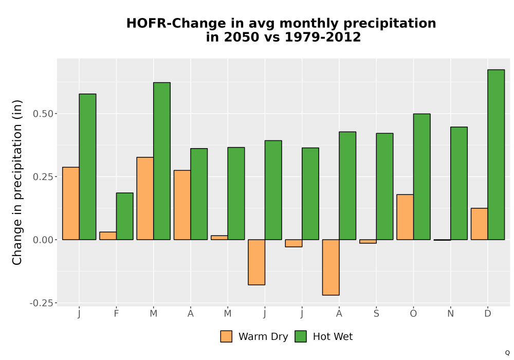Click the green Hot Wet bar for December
point(496,154)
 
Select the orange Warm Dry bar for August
point(331,267)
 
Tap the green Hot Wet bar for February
point(124,216)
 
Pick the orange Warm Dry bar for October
point(405,217)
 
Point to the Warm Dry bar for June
point(256,262)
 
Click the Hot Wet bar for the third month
point(162,161)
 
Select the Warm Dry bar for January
point(71,203)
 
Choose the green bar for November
point(459,183)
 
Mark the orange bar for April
point(182,205)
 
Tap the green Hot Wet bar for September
point(384,186)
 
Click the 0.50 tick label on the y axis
point(43,114)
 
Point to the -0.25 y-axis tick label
point(41,303)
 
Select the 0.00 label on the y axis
point(43,240)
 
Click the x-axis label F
point(116,314)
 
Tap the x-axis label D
point(488,314)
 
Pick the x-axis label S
point(376,314)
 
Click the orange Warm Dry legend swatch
point(226,336)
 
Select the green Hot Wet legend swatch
point(301,336)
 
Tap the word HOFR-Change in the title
point(176,24)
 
